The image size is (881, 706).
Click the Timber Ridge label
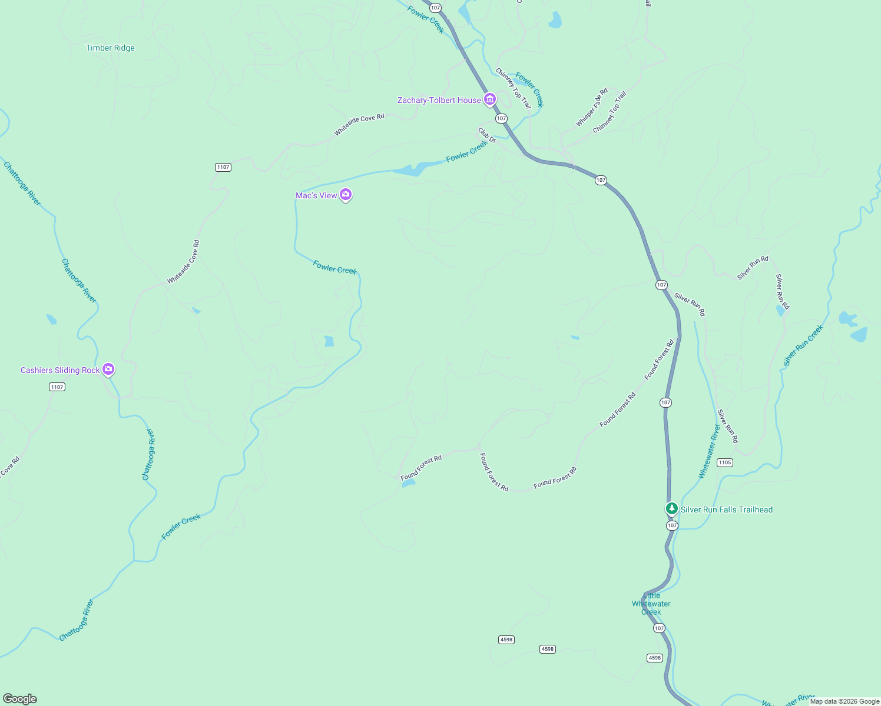click(x=110, y=48)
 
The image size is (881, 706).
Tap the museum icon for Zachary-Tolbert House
click(x=489, y=99)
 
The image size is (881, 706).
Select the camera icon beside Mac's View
click(x=346, y=195)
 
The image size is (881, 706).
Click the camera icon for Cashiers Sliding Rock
click(x=108, y=369)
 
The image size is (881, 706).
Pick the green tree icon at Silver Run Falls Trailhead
click(x=671, y=508)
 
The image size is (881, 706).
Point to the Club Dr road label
click(x=487, y=135)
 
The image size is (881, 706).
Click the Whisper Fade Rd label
click(x=591, y=107)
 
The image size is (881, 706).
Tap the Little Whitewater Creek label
click(x=651, y=604)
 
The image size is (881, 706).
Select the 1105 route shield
click(x=724, y=462)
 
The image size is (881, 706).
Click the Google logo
click(x=20, y=699)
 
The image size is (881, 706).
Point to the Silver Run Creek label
click(x=803, y=346)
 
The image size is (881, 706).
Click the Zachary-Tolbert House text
click(x=439, y=101)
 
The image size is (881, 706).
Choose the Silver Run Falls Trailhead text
click(x=727, y=510)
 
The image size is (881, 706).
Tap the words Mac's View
click(x=316, y=196)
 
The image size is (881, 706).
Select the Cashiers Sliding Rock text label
click(x=60, y=371)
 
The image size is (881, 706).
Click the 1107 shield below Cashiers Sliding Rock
click(x=57, y=387)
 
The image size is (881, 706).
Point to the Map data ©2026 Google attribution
click(x=844, y=701)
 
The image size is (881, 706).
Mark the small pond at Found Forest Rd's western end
click(x=408, y=483)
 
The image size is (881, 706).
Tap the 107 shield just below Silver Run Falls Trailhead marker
click(x=672, y=525)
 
